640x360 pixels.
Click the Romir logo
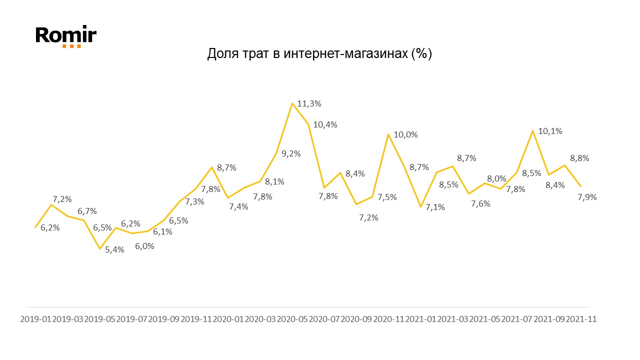coord(66,36)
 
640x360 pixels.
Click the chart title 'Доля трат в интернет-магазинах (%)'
coord(319,54)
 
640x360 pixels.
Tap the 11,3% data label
coord(309,104)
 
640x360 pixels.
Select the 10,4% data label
coord(325,125)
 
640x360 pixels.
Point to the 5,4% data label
coord(114,249)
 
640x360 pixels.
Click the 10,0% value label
coord(405,134)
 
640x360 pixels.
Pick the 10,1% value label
coord(550,131)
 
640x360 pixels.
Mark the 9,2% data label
coord(291,154)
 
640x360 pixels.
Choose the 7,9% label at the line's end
coord(587,197)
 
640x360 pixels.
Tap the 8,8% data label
coord(579,158)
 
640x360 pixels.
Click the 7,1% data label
coord(435,207)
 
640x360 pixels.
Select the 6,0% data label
coord(144,246)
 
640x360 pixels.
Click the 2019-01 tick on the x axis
coord(35,319)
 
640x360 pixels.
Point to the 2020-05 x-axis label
coord(292,319)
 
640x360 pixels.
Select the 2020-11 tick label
coord(388,319)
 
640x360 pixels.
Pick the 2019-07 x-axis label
coord(131,319)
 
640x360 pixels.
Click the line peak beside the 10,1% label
coord(533,131)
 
